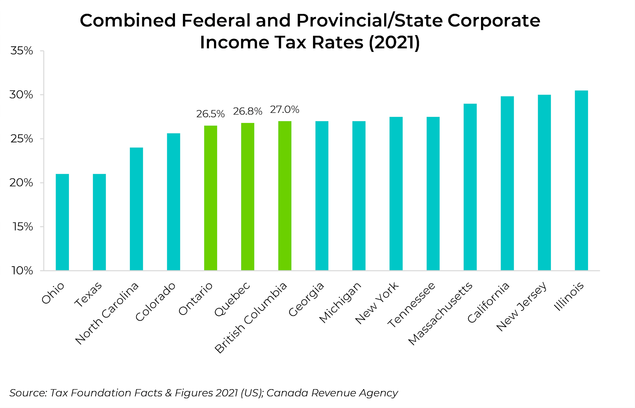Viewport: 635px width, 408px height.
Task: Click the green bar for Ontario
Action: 211,198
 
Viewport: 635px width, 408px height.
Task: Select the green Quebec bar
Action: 248,196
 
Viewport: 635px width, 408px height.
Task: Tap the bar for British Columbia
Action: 285,195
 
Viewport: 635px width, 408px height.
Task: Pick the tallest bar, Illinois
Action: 581,180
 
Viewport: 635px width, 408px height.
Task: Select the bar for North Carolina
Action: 136,209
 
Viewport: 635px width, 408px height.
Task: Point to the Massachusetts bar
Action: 470,187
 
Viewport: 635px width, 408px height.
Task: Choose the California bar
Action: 507,183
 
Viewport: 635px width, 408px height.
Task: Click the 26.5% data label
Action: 211,114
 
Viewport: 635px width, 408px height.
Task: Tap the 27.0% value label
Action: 284,110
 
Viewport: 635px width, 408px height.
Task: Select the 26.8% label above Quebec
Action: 248,111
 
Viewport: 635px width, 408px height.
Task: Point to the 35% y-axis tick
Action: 22,51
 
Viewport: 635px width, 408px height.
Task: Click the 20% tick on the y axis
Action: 22,183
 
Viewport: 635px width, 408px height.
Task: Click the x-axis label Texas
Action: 89,294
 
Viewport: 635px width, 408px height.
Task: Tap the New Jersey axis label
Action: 522,306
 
